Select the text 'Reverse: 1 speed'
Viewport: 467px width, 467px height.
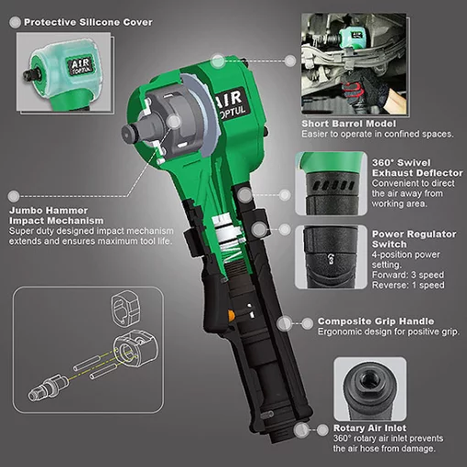tap(408, 285)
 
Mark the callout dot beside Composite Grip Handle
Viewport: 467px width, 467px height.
tap(290, 323)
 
